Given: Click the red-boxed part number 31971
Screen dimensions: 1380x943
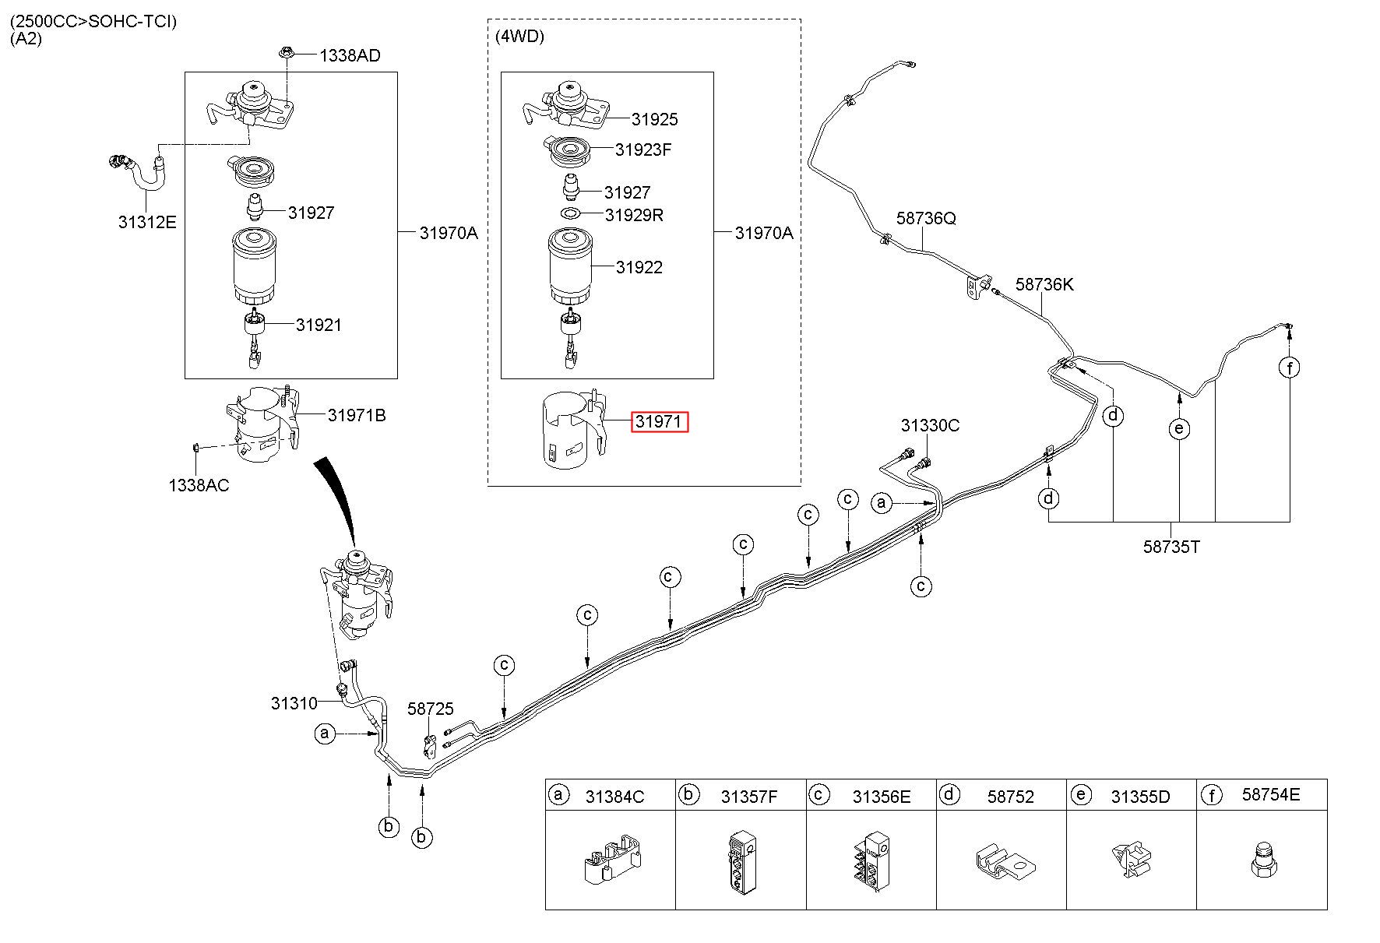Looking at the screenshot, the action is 660,422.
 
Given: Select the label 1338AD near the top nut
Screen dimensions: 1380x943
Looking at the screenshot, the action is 350,55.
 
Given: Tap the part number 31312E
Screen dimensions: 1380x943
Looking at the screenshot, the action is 147,222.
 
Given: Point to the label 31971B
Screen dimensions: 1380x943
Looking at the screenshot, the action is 357,415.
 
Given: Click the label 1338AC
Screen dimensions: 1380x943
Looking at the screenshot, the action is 199,485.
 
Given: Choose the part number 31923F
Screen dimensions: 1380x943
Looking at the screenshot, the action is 643,150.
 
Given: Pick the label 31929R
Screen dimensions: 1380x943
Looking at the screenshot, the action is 635,215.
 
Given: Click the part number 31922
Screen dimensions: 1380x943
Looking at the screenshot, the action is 639,267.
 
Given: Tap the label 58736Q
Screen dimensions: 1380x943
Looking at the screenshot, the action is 926,218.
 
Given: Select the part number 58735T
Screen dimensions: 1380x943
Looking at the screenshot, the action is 1171,547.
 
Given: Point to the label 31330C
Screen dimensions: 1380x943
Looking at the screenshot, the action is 930,425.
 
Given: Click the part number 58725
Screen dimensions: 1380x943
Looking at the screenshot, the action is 431,709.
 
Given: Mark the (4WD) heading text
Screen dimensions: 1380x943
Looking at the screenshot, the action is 519,36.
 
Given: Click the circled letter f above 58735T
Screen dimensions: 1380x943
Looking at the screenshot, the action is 1290,368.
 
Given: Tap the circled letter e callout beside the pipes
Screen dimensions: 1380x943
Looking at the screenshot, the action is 1180,428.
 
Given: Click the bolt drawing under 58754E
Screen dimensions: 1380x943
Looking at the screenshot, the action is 1259,857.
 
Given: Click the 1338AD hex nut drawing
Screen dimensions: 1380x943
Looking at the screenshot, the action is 287,54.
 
